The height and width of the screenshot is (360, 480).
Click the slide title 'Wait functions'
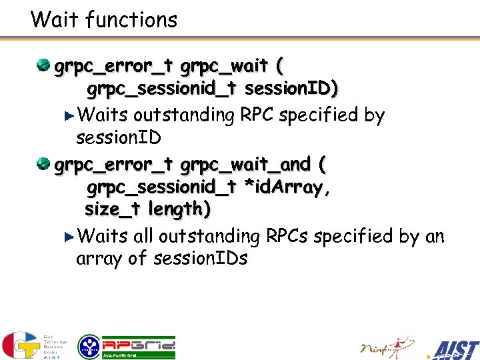tap(104, 20)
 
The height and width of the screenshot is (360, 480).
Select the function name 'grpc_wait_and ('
tap(253, 164)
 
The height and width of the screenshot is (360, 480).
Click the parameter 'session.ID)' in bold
tap(291, 89)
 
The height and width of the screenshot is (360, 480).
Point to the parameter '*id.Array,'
tap(287, 188)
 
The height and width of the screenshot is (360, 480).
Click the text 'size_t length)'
tap(148, 209)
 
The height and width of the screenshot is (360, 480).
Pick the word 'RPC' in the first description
tap(257, 115)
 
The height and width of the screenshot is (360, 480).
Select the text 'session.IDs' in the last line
tap(200, 259)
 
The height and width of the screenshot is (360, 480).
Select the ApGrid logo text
tap(139, 345)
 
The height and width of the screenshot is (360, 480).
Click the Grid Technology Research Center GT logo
tap(20, 345)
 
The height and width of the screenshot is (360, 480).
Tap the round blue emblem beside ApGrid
tap(89, 347)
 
